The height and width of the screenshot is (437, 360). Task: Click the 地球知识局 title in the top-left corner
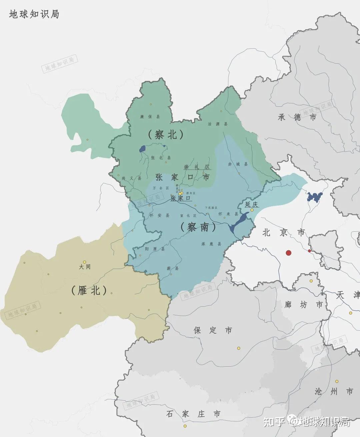click(x=34, y=14)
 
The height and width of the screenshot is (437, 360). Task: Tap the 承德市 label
click(x=297, y=117)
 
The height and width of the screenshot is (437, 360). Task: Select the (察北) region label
click(x=166, y=134)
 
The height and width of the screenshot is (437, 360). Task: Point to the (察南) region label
click(x=198, y=227)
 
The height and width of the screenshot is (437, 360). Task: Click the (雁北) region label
click(x=89, y=290)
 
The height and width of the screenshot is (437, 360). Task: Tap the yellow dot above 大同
click(x=85, y=262)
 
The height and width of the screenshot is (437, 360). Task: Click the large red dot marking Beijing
click(x=289, y=253)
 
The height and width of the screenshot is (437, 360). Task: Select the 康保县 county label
click(x=150, y=117)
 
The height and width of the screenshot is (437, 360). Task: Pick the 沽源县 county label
click(x=218, y=124)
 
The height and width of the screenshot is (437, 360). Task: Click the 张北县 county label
click(x=161, y=158)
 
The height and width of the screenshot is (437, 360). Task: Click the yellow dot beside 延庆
click(x=252, y=210)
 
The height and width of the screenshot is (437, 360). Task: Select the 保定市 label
click(x=213, y=330)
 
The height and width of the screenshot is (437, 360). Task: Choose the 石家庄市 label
click(x=193, y=414)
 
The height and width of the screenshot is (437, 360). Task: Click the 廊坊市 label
click(x=304, y=304)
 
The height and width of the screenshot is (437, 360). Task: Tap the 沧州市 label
click(x=334, y=391)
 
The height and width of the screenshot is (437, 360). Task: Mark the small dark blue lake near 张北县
click(x=143, y=148)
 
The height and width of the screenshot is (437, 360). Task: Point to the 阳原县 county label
click(x=155, y=249)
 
